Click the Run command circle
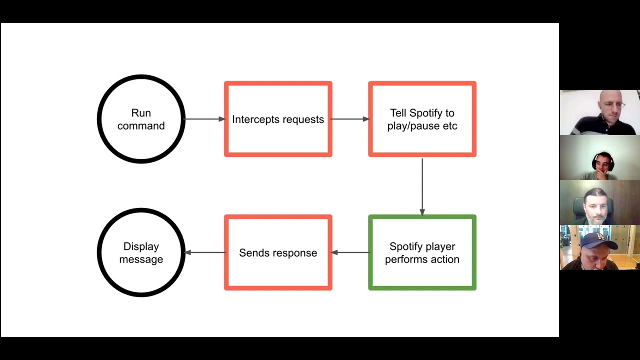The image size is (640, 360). click(141, 119)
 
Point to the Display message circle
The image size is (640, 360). click(141, 252)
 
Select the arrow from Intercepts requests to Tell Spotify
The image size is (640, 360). click(350, 119)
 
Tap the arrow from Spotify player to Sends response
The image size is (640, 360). click(350, 252)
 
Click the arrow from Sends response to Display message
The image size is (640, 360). click(205, 252)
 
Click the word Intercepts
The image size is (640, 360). click(252, 119)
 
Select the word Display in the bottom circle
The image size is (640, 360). click(141, 246)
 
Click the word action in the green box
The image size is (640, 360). click(445, 259)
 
